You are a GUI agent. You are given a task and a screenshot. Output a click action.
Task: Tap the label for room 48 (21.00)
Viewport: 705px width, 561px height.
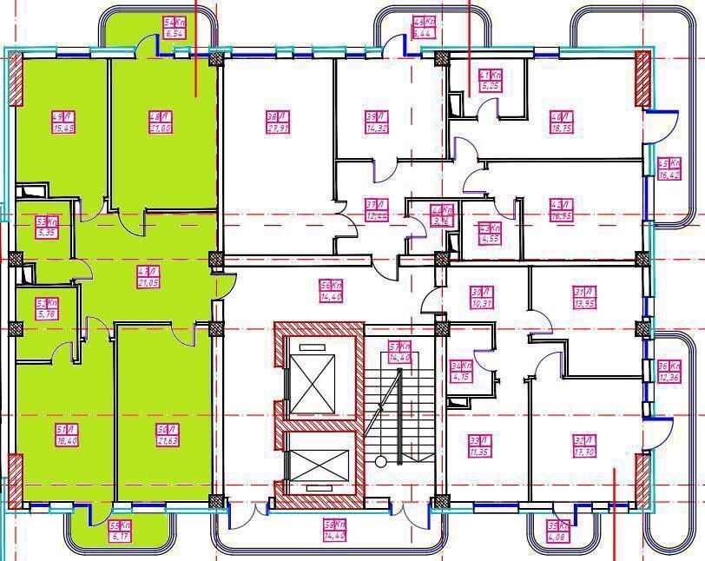(158, 122)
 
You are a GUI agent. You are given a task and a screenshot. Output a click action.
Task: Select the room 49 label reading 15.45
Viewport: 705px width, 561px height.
(62, 122)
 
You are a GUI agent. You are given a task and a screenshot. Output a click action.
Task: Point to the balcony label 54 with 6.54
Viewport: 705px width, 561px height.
(175, 28)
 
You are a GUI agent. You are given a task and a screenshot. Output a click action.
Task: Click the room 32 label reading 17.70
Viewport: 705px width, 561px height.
(583, 446)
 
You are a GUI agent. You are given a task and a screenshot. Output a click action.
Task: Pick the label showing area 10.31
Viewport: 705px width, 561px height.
(481, 297)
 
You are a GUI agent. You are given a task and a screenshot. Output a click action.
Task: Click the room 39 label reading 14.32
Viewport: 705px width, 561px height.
(376, 122)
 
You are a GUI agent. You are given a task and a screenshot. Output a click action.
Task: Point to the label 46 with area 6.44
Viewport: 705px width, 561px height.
(423, 28)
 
